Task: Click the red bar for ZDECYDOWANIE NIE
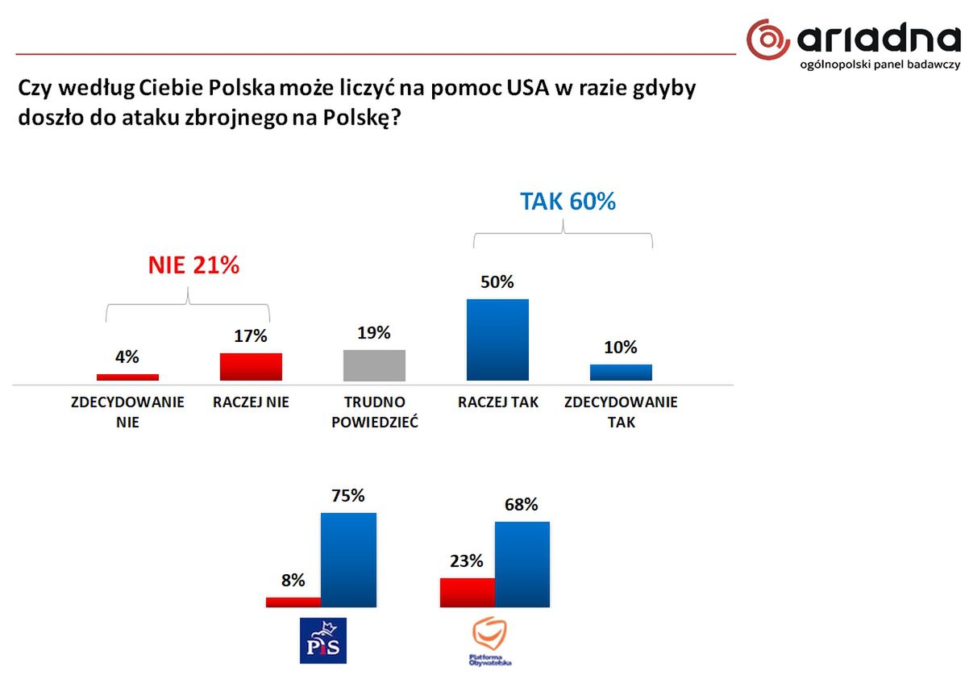(x=127, y=377)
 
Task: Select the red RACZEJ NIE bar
(x=251, y=367)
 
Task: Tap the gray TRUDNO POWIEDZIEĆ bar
(x=374, y=364)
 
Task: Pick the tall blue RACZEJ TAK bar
(x=497, y=339)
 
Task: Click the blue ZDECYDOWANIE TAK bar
(x=621, y=372)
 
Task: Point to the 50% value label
(x=497, y=283)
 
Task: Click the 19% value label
(x=374, y=333)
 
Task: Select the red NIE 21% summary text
(x=193, y=265)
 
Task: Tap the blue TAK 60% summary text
(x=568, y=201)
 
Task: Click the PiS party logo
(x=322, y=641)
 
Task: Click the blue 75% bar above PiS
(x=348, y=560)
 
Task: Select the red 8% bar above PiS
(x=293, y=602)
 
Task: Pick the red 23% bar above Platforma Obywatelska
(x=467, y=592)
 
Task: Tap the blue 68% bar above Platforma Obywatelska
(x=522, y=564)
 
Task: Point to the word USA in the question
(x=528, y=88)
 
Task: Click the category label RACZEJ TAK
(x=497, y=402)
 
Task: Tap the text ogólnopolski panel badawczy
(x=879, y=64)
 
